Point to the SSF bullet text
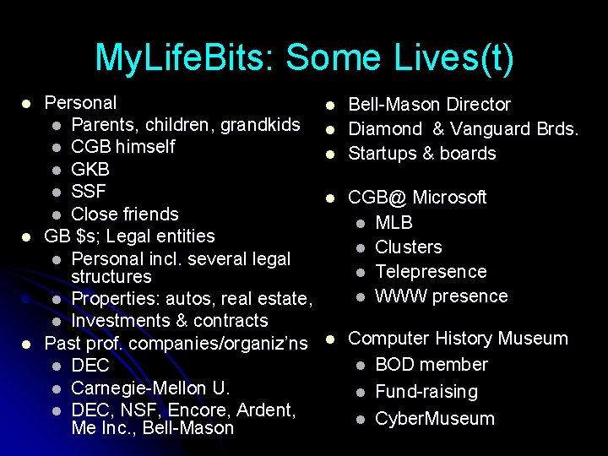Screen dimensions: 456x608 pos(89,191)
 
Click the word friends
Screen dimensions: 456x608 pos(149,214)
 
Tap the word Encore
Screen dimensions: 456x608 pos(198,410)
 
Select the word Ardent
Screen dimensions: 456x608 pos(265,410)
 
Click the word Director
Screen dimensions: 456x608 pos(479,105)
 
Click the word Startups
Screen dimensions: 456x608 pos(381,154)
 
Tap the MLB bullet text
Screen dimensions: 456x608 pos(394,223)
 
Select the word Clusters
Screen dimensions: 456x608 pos(409,247)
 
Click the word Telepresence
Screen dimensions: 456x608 pos(431,272)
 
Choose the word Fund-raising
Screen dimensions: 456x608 pos(426,392)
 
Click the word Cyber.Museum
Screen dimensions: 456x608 pos(435,419)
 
